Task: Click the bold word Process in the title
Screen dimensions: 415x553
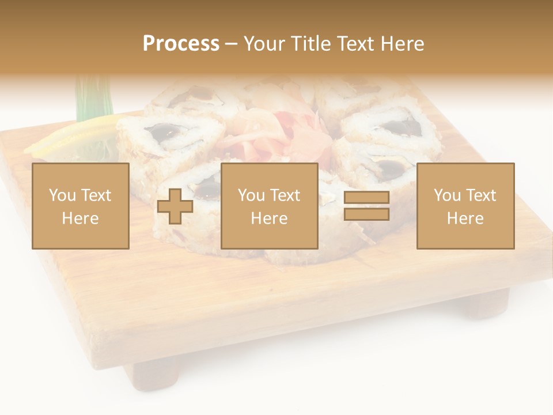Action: (x=181, y=44)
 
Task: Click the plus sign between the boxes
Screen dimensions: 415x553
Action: (x=175, y=206)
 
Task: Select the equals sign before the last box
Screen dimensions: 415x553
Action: (x=366, y=206)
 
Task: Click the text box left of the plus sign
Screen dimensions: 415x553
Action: (x=80, y=206)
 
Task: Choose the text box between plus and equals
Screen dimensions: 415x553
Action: (x=269, y=206)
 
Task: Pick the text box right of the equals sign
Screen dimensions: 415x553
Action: (x=465, y=206)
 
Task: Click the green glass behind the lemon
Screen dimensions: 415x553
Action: (x=92, y=98)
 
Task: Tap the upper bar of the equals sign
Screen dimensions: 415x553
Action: (x=366, y=198)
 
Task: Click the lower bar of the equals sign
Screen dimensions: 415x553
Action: (x=366, y=214)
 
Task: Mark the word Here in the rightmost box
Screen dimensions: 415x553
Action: (x=465, y=218)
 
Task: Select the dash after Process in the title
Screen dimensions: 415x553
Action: (x=231, y=44)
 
